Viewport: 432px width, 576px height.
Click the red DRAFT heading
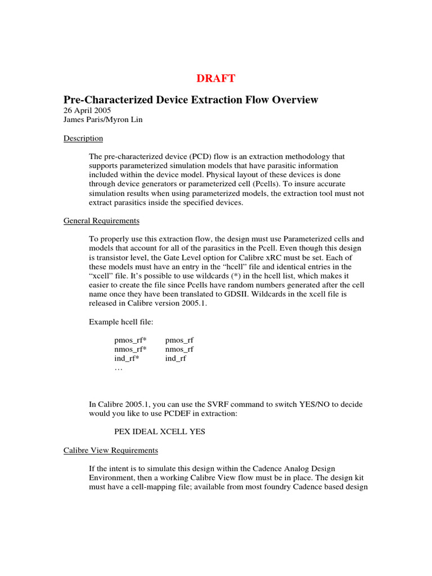[216, 78]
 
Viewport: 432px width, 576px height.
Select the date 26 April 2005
[87, 110]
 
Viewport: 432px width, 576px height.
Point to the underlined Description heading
[83, 138]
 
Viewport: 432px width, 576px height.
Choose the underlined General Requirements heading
[101, 220]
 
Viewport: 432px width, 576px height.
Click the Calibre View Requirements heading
[110, 451]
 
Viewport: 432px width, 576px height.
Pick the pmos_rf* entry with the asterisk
[130, 340]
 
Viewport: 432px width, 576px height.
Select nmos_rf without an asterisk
[179, 349]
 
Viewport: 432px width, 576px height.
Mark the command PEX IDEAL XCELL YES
[160, 431]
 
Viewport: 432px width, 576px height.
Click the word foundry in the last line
[251, 487]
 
